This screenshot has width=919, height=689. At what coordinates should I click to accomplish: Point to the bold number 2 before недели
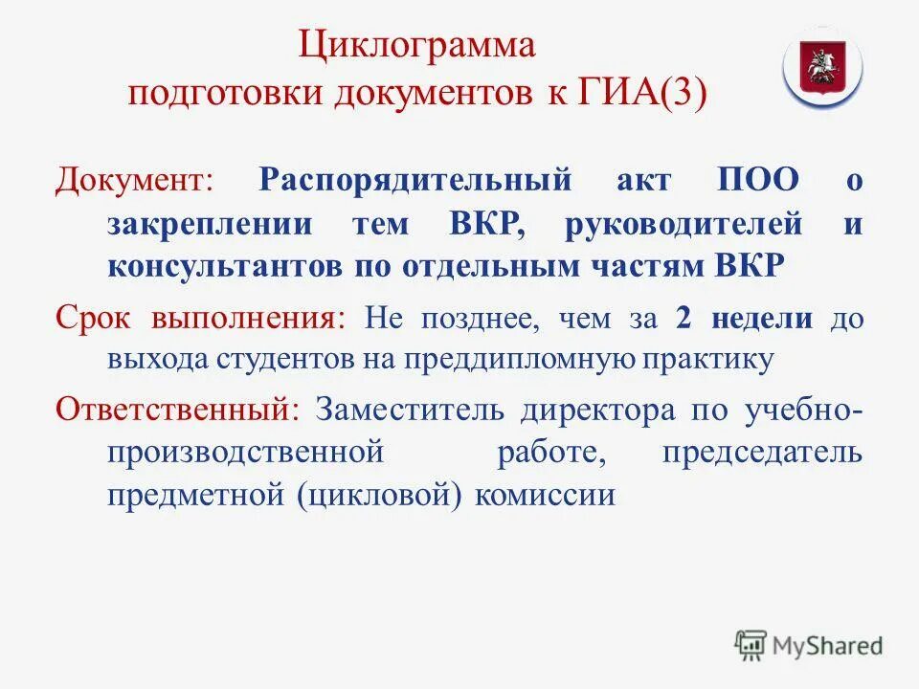pyautogui.click(x=683, y=318)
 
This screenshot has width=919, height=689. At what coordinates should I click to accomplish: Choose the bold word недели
pyautogui.click(x=761, y=318)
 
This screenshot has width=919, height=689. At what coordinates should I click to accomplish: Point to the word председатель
pyautogui.click(x=761, y=452)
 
